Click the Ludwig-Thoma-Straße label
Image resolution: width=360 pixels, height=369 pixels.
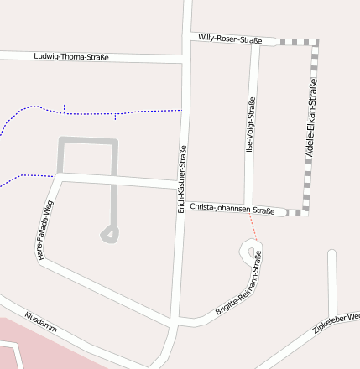point(71,57)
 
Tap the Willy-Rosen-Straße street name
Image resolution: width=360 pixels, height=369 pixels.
point(231,39)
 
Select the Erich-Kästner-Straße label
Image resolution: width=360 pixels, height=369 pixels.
point(182,179)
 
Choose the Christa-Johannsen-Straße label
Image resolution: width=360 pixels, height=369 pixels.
point(232,208)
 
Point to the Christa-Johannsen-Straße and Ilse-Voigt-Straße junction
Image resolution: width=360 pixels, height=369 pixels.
point(249,207)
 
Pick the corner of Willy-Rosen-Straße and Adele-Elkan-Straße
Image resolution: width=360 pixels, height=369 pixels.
point(316,42)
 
